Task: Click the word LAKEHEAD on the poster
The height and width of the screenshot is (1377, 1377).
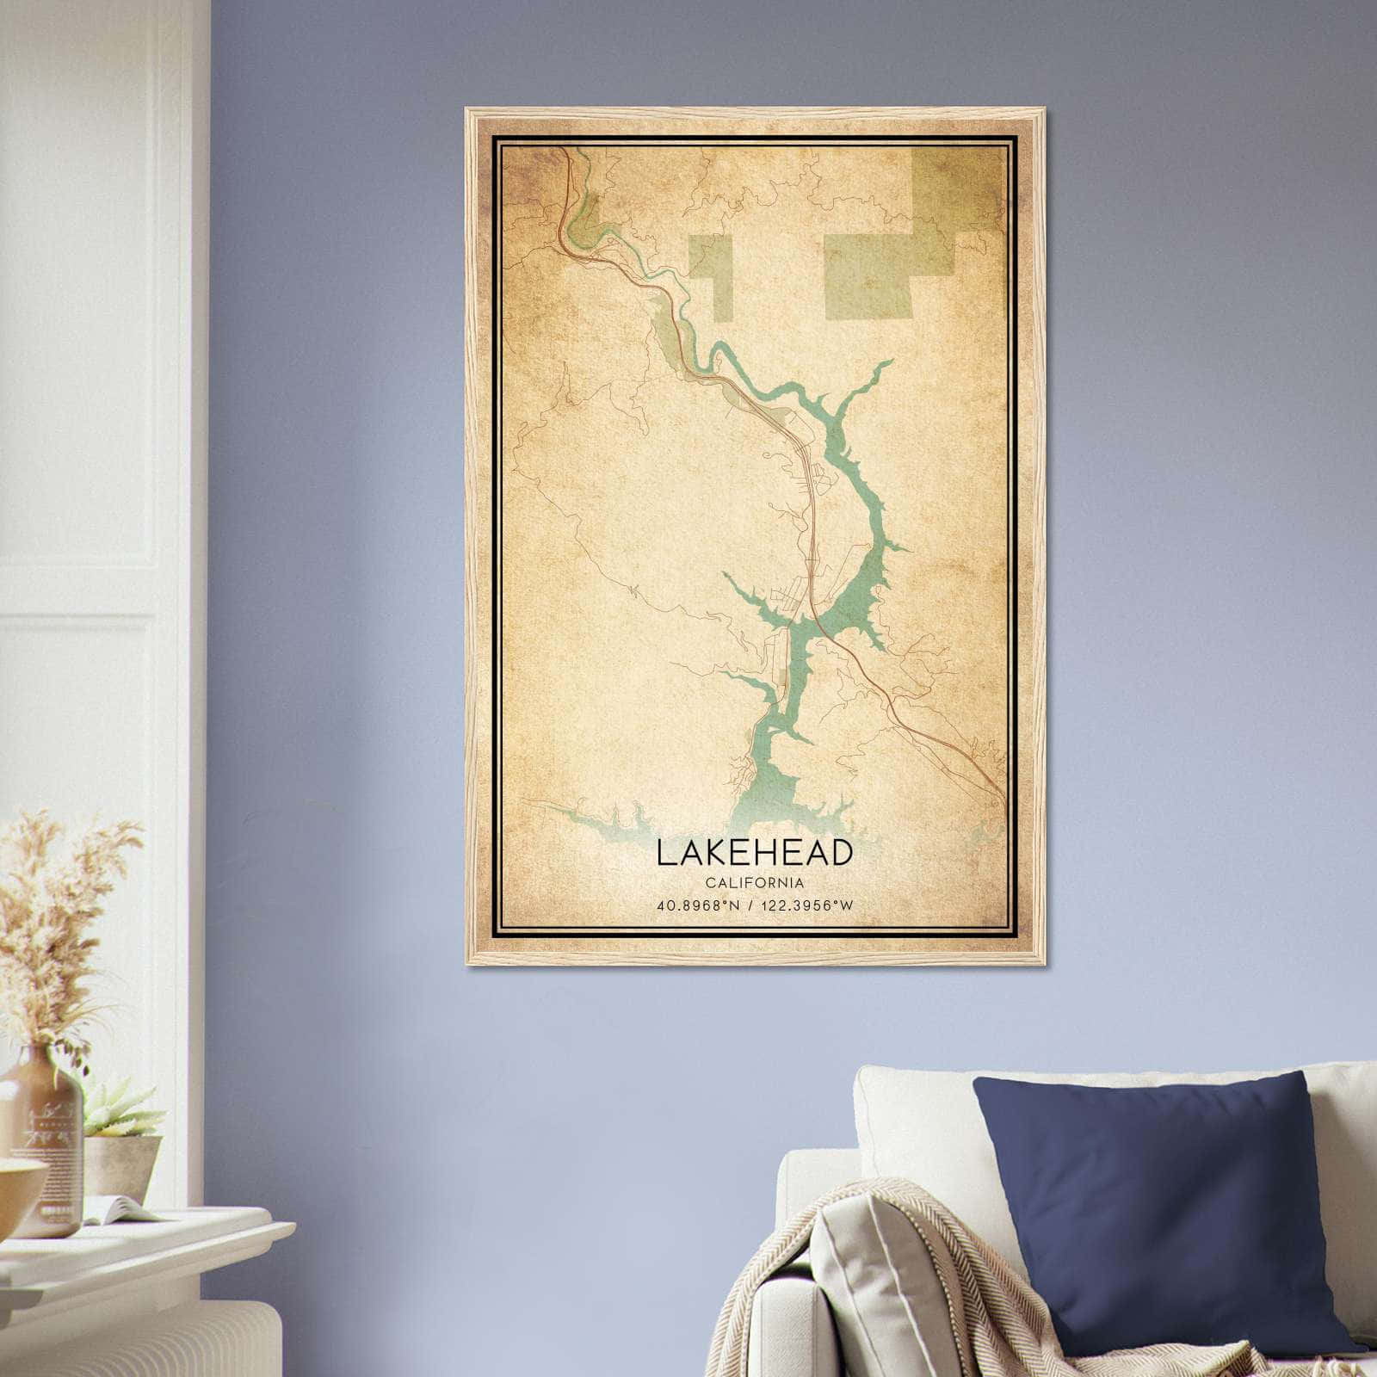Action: tap(755, 852)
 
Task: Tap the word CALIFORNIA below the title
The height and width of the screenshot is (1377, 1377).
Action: tap(755, 883)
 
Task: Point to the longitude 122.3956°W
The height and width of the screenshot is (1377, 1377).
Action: tap(807, 905)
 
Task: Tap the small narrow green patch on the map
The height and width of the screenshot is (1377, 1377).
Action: tap(710, 275)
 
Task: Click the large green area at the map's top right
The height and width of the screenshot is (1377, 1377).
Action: tap(904, 250)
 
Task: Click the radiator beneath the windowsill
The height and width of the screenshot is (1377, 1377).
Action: tap(129, 1325)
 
